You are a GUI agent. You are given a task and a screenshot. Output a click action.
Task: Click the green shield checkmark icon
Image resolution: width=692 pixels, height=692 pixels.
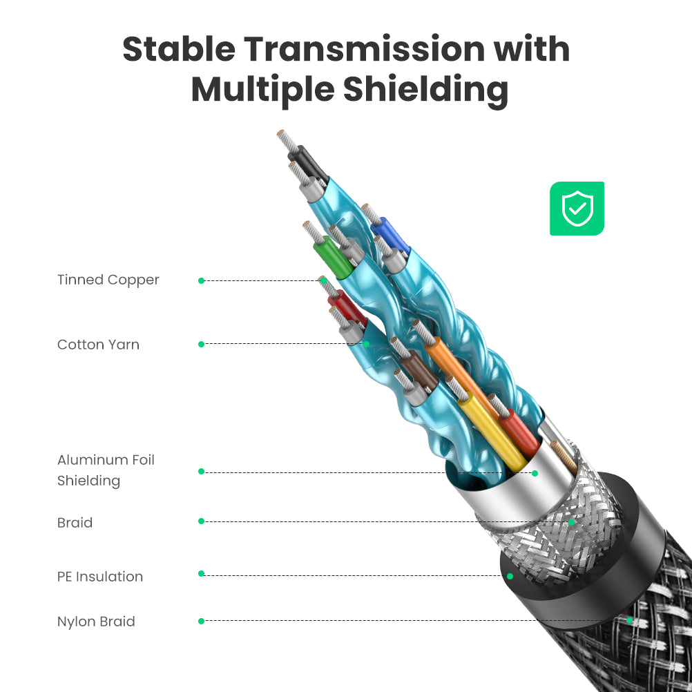[x=577, y=209]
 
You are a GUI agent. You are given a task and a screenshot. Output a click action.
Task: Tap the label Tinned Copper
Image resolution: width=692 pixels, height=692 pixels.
[x=108, y=280]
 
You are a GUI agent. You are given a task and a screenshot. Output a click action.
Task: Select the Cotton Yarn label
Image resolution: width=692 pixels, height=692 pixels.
[x=99, y=345]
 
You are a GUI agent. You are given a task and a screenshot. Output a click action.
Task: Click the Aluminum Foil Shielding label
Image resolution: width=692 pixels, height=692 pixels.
[x=106, y=470]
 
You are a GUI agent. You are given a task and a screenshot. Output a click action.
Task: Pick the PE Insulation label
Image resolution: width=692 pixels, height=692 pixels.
[x=100, y=577]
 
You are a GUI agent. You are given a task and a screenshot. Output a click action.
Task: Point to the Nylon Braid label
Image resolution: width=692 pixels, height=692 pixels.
[x=96, y=622]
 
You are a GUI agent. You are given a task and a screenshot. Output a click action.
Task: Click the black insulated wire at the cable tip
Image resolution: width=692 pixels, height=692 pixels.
[x=308, y=165]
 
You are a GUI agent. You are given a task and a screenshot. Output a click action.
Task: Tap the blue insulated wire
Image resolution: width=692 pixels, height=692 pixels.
[x=390, y=236]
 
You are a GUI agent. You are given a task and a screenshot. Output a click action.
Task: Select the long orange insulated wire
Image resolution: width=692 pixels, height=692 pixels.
[x=461, y=376]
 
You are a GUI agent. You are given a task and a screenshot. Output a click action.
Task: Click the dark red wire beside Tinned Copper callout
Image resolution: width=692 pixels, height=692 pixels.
[x=347, y=307]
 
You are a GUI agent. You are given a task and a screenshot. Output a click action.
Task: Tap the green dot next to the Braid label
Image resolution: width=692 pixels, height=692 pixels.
[x=201, y=521]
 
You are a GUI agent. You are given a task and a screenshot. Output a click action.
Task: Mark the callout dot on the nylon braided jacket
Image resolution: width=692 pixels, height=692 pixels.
[x=630, y=620]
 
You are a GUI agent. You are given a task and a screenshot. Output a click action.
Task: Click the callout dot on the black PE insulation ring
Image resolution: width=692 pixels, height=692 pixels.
[x=510, y=576]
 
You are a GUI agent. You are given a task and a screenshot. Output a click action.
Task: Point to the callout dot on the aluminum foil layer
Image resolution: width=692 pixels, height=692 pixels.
[x=535, y=473]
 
